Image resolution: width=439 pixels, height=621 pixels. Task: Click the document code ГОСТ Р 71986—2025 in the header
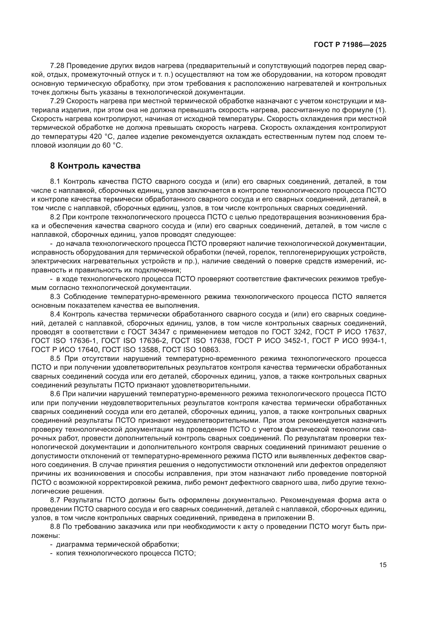[x=350, y=45]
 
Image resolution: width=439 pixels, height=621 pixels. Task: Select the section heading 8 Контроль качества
[x=95, y=166]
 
